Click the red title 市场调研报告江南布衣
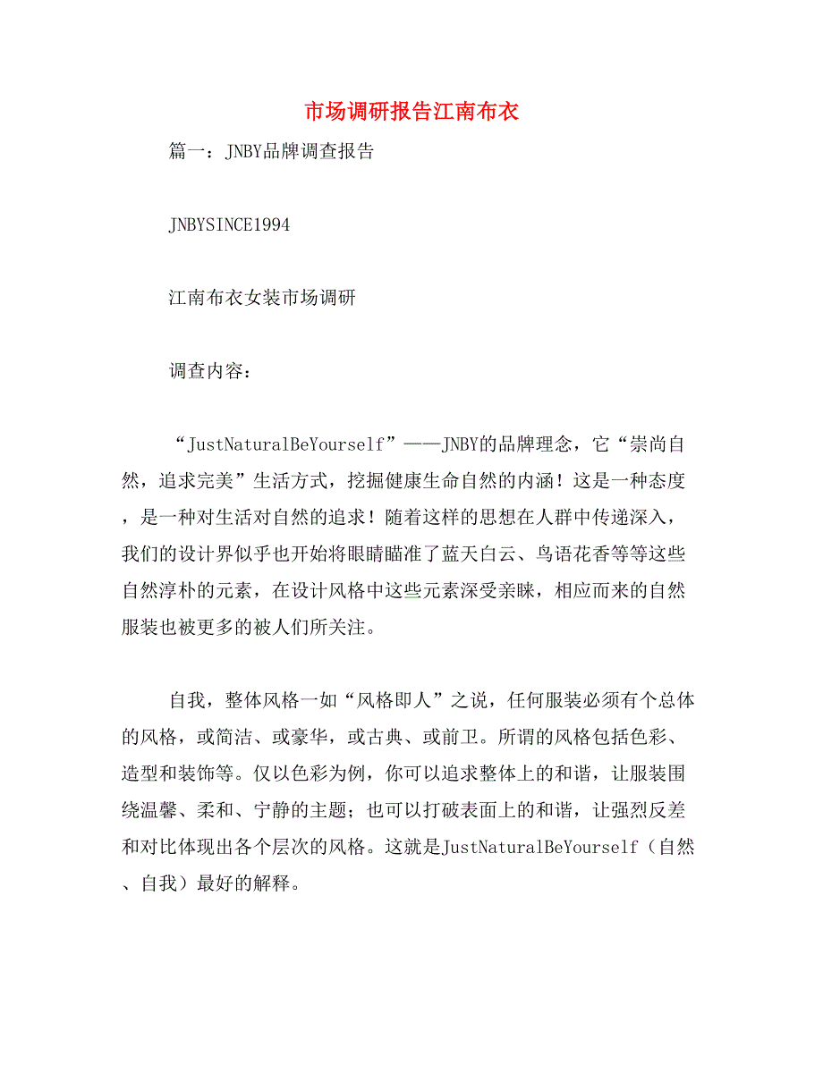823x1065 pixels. click(411, 113)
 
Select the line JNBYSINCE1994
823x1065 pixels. click(229, 225)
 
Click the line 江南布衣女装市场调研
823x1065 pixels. click(262, 298)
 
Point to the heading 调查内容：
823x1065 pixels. click(210, 372)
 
